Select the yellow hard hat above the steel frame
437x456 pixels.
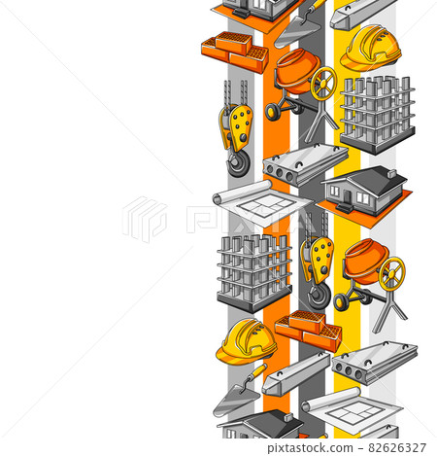370,47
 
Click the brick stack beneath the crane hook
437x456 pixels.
308,330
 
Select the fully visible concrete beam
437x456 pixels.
295,372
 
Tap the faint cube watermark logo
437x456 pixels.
145,219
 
